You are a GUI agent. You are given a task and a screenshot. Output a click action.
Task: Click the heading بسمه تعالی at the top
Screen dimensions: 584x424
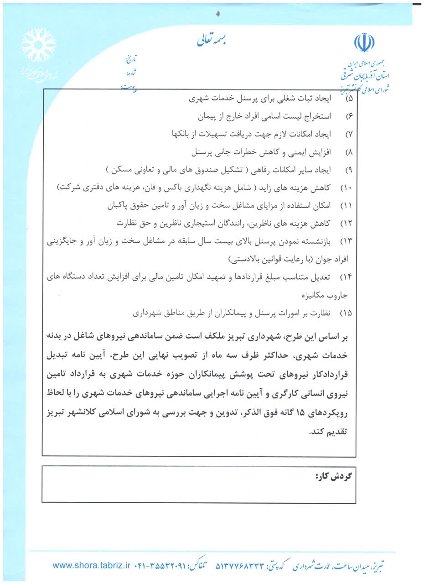(212, 40)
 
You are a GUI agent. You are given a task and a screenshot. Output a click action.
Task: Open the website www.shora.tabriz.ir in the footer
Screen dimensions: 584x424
(92, 566)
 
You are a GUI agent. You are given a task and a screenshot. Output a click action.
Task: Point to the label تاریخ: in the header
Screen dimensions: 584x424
(130, 59)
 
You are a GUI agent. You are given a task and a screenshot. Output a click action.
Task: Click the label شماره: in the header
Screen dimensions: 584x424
(131, 72)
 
